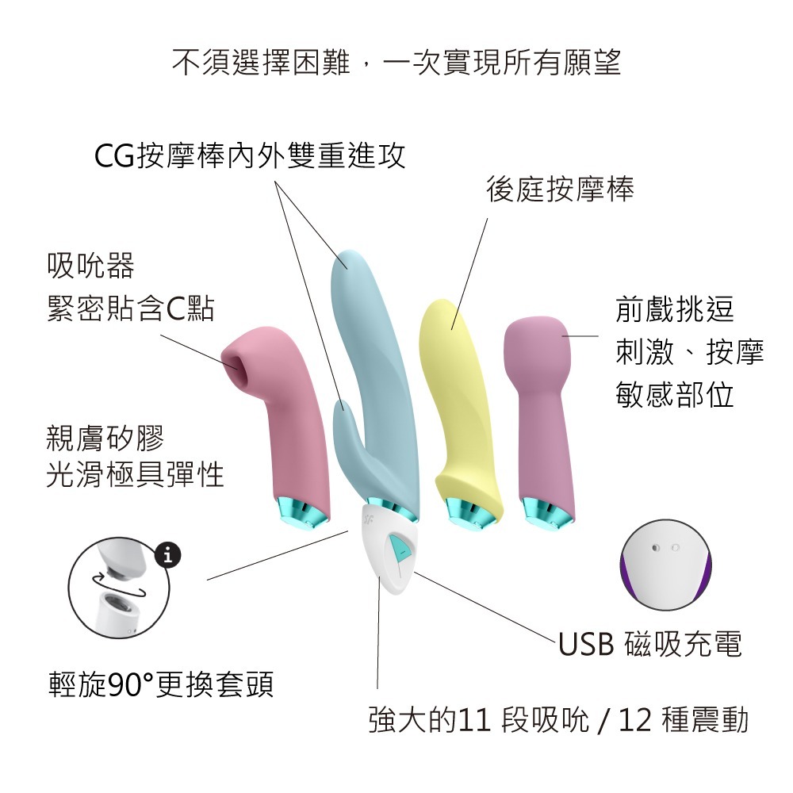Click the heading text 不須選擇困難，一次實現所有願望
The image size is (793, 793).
396,63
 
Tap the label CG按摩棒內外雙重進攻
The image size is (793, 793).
250,156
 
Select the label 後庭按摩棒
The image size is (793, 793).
560,190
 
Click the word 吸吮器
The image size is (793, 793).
90,266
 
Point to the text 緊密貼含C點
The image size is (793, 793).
131,310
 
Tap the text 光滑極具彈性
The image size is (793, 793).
136,475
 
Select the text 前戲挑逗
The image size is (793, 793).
675,310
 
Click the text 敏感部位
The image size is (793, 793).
675,394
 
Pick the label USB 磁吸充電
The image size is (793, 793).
650,645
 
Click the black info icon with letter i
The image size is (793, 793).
167,555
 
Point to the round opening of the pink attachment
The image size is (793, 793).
236,365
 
